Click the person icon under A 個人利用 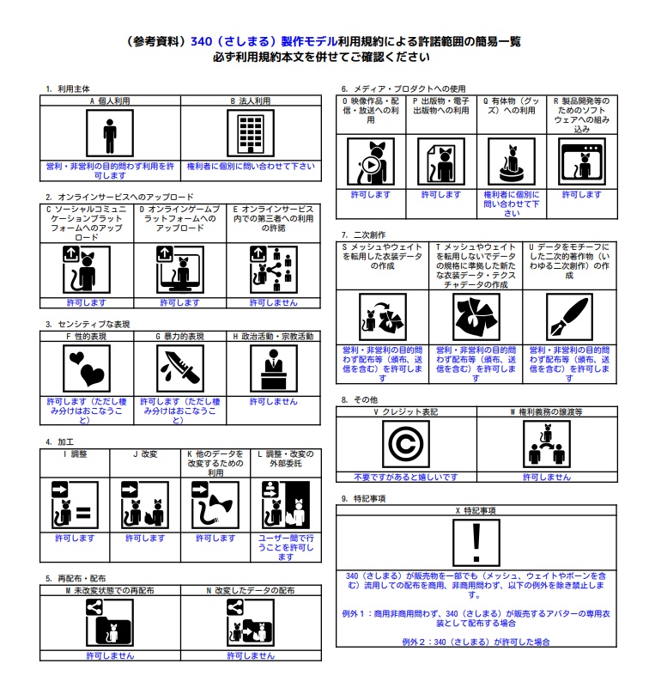click(x=110, y=134)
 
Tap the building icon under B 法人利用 click(x=251, y=134)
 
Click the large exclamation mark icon click(x=476, y=543)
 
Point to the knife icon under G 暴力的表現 click(x=180, y=368)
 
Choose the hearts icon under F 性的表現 click(x=87, y=368)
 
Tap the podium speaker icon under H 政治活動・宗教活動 click(x=274, y=368)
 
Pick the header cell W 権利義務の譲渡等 click(x=547, y=412)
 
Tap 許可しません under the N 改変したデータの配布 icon click(x=251, y=655)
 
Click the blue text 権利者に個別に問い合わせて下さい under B click(x=251, y=165)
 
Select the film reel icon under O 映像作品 click(x=370, y=161)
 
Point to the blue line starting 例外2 click(x=476, y=642)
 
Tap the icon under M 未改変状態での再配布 click(x=110, y=622)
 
